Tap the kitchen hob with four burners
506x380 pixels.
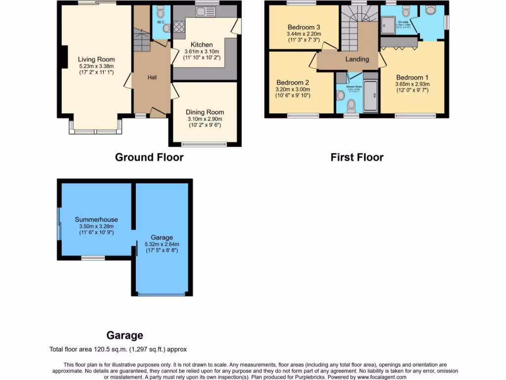(178, 27)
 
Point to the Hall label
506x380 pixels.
(152, 77)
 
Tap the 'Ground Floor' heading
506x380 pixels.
(149, 157)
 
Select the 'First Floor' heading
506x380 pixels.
(357, 157)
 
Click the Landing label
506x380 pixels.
(357, 59)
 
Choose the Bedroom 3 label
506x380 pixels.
(303, 27)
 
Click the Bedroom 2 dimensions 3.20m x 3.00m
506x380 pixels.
(293, 90)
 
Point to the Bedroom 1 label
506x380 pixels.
(412, 78)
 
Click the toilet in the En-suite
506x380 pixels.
(406, 11)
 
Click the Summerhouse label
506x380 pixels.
(96, 219)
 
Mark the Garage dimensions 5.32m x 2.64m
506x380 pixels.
(162, 244)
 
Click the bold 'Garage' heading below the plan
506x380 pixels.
(125, 335)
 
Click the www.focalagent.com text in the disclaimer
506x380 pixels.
(379, 377)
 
